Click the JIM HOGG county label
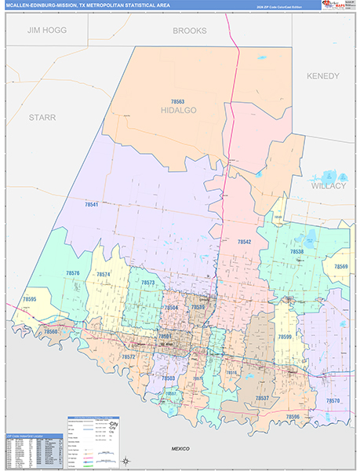(x=46, y=30)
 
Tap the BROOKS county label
(x=190, y=31)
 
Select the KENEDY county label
(x=323, y=76)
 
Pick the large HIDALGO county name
(x=179, y=111)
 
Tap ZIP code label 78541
(x=92, y=204)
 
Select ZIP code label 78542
(x=244, y=242)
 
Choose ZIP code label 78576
(x=73, y=273)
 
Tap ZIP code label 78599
(x=285, y=337)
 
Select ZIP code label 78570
(x=333, y=401)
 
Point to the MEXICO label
(x=181, y=447)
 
